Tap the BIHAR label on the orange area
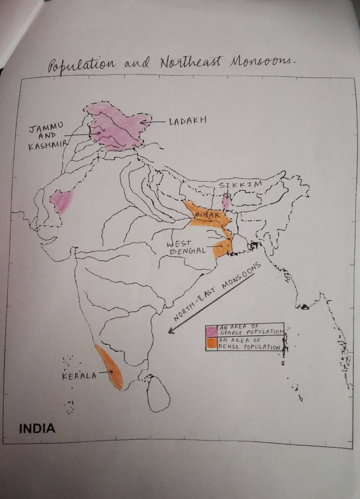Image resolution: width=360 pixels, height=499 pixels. tap(206, 215)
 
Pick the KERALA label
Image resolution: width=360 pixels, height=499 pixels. tap(79, 376)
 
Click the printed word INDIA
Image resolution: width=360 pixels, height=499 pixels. tap(37, 429)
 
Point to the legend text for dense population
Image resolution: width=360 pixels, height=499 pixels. tap(249, 344)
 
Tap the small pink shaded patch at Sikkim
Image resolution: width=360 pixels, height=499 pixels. tap(226, 202)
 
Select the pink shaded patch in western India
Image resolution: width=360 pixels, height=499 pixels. tap(62, 201)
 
